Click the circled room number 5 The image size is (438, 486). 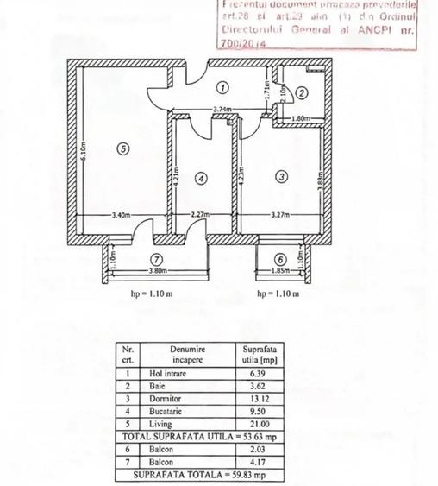click(122, 148)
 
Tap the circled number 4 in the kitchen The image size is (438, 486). click(202, 179)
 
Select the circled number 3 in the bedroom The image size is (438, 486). click(282, 177)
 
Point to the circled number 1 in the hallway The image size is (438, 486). click(222, 86)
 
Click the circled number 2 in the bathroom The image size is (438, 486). click(302, 92)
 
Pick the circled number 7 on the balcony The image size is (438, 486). click(155, 258)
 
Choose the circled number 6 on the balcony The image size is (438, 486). click(279, 258)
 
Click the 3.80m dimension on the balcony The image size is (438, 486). click(158, 271)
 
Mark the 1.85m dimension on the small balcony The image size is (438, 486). click(280, 271)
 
